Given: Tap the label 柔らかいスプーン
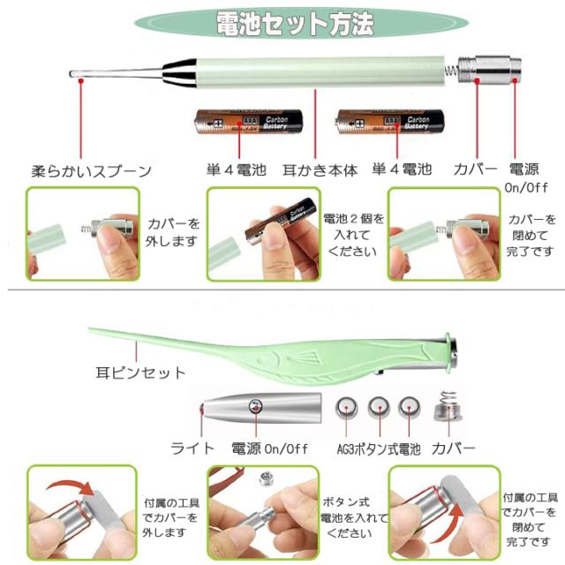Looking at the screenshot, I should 92,170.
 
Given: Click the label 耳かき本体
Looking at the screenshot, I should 320,170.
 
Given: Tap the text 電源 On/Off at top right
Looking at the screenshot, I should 527,177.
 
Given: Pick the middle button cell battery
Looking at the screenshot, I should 379,407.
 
